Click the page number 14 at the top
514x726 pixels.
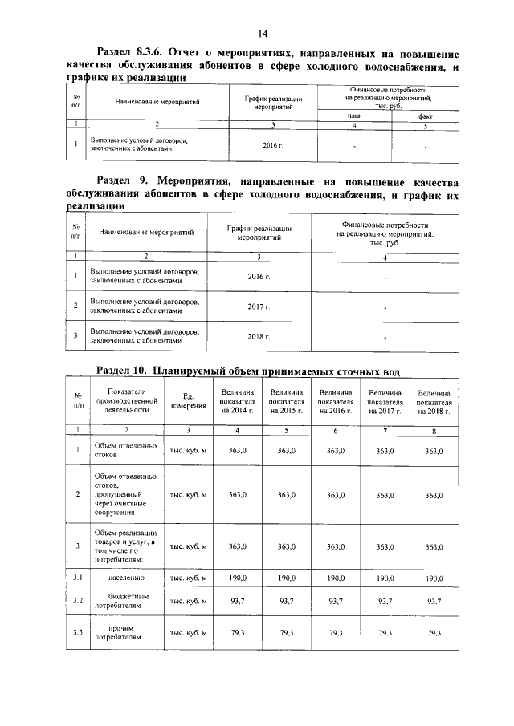pos(262,33)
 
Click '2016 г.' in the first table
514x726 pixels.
pos(274,145)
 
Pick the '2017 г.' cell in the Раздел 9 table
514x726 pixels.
pos(259,306)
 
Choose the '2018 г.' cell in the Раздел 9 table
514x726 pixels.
pos(259,336)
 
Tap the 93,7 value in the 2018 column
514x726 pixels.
pos(434,602)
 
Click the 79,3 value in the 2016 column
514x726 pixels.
pos(336,633)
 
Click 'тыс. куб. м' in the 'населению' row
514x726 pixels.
pos(188,578)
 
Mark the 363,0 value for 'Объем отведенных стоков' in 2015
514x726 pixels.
pos(287,451)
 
